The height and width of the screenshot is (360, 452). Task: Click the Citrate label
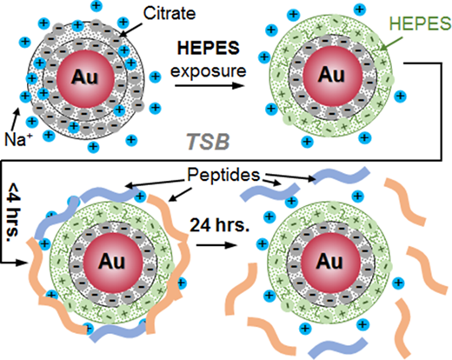[169, 13]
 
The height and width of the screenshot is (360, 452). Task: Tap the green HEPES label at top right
[420, 23]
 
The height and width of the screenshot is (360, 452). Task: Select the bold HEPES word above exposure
[209, 48]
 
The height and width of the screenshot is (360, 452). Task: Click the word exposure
[209, 71]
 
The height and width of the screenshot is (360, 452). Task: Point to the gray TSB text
[208, 142]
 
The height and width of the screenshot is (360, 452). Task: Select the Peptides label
[223, 175]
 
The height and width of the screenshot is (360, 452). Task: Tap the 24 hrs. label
[219, 225]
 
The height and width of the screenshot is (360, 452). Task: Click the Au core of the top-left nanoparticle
[85, 77]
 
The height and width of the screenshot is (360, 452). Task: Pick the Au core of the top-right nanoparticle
[332, 76]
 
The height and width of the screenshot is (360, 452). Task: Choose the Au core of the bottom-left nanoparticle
[113, 262]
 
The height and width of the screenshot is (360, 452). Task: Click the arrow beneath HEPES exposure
[209, 85]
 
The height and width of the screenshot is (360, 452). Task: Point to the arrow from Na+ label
[15, 119]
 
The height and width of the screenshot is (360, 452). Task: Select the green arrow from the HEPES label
[391, 43]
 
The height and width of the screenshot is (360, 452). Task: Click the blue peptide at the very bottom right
[338, 347]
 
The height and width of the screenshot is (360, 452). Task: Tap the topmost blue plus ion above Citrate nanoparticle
[96, 5]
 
